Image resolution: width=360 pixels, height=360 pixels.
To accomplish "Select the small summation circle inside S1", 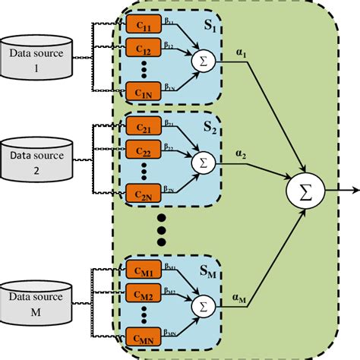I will tap(203, 58).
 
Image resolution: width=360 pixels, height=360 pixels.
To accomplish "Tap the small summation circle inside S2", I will tap(203, 160).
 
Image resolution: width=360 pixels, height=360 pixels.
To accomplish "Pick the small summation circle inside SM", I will tap(203, 305).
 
